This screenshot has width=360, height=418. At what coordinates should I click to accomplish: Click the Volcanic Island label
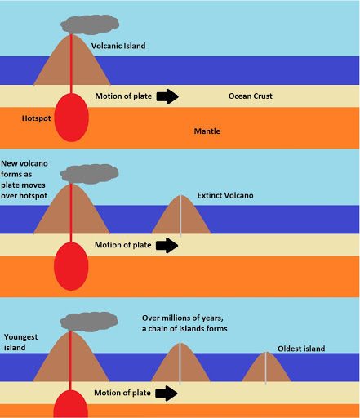pyautogui.click(x=118, y=46)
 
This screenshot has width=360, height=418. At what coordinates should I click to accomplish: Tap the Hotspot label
pyautogui.click(x=36, y=118)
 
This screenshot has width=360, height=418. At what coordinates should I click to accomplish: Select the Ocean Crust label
pyautogui.click(x=251, y=96)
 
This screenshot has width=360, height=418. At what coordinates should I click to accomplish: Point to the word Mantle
pyautogui.click(x=207, y=131)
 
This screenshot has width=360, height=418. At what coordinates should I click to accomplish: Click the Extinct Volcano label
pyautogui.click(x=225, y=195)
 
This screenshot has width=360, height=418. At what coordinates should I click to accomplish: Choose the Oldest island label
pyautogui.click(x=301, y=349)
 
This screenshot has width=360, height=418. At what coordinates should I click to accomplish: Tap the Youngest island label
pyautogui.click(x=20, y=342)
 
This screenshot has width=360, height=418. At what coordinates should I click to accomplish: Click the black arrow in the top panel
pyautogui.click(x=167, y=96)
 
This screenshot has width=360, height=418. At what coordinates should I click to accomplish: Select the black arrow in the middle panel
pyautogui.click(x=167, y=245)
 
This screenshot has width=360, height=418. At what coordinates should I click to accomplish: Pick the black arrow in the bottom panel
pyautogui.click(x=167, y=393)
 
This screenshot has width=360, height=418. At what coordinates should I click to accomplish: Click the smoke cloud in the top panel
pyautogui.click(x=90, y=24)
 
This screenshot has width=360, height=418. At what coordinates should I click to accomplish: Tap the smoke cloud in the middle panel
pyautogui.click(x=89, y=174)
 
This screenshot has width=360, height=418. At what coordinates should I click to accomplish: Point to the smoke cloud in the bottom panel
pyautogui.click(x=89, y=322)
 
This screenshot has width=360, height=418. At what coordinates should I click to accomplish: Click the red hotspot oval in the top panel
pyautogui.click(x=71, y=118)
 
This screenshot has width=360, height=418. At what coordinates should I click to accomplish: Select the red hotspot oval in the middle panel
pyautogui.click(x=71, y=266)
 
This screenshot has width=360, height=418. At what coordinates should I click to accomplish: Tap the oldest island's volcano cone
pyautogui.click(x=266, y=369)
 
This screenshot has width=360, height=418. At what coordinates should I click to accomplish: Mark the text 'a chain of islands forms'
pyautogui.click(x=184, y=329)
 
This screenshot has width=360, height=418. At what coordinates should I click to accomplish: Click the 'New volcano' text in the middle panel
pyautogui.click(x=24, y=163)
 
